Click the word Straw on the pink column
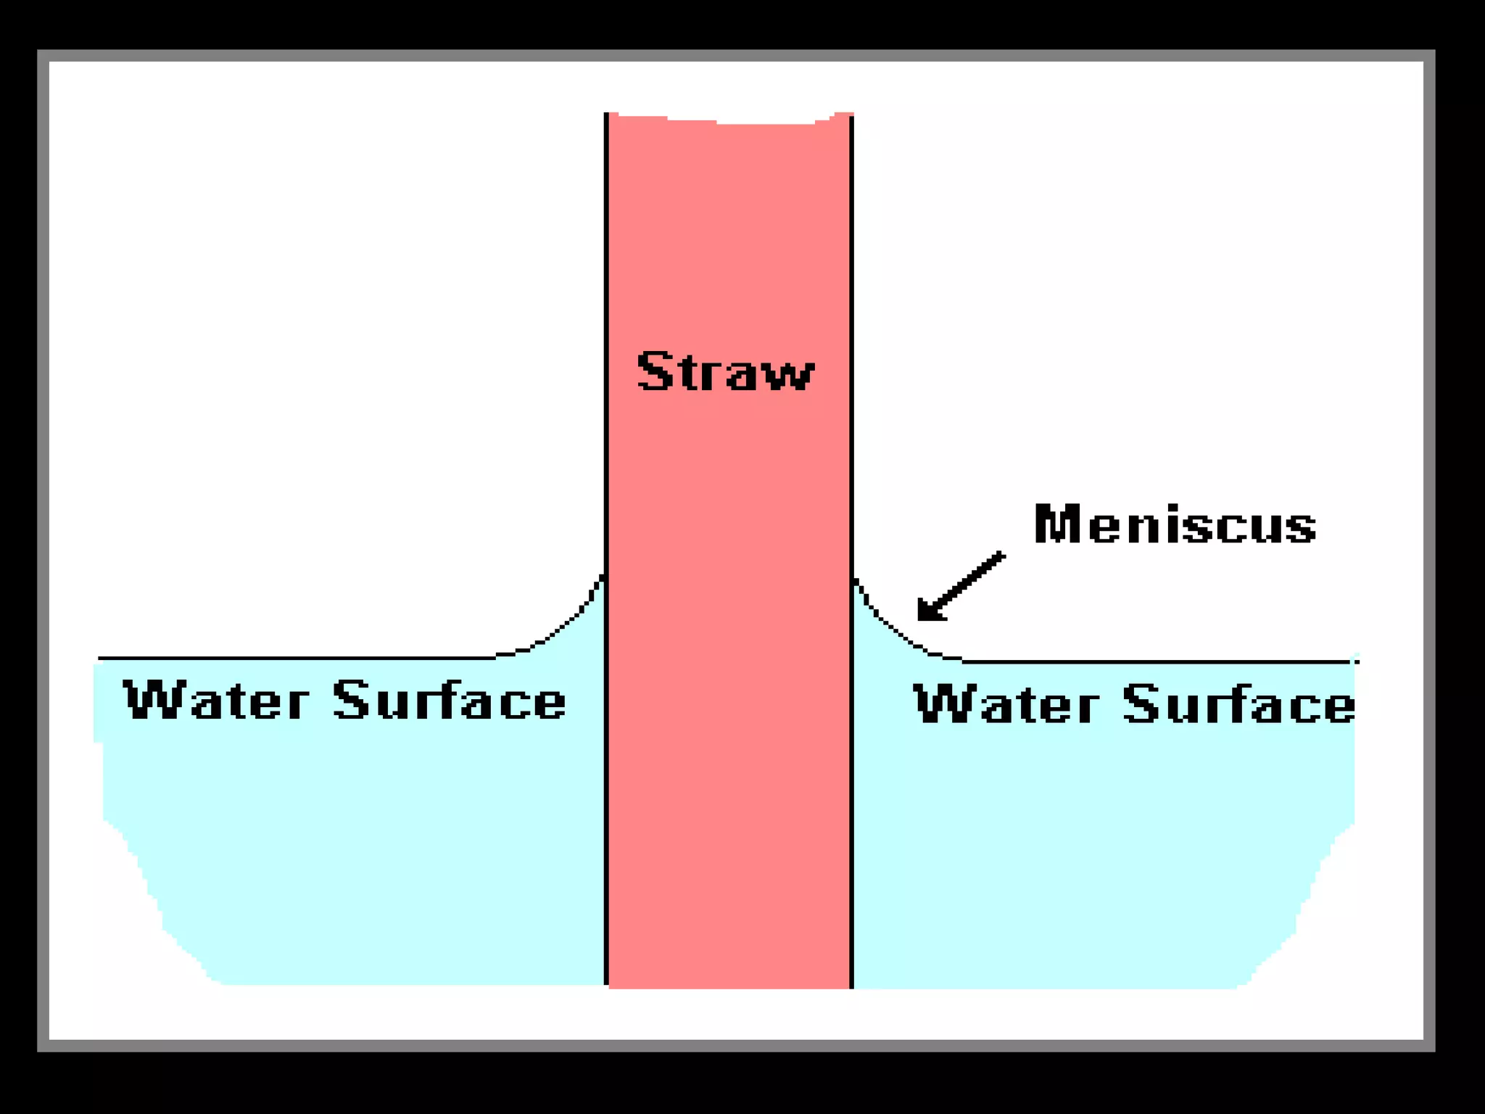point(725,372)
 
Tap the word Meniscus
point(1175,524)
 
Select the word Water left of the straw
point(216,701)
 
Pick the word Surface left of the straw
point(450,701)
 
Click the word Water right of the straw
point(1006,704)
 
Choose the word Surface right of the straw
point(1238,704)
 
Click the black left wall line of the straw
point(606,363)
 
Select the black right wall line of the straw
point(851,363)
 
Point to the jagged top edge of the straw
point(729,120)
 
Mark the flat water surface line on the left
point(290,658)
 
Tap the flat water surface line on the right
point(1160,661)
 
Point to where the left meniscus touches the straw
point(603,577)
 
